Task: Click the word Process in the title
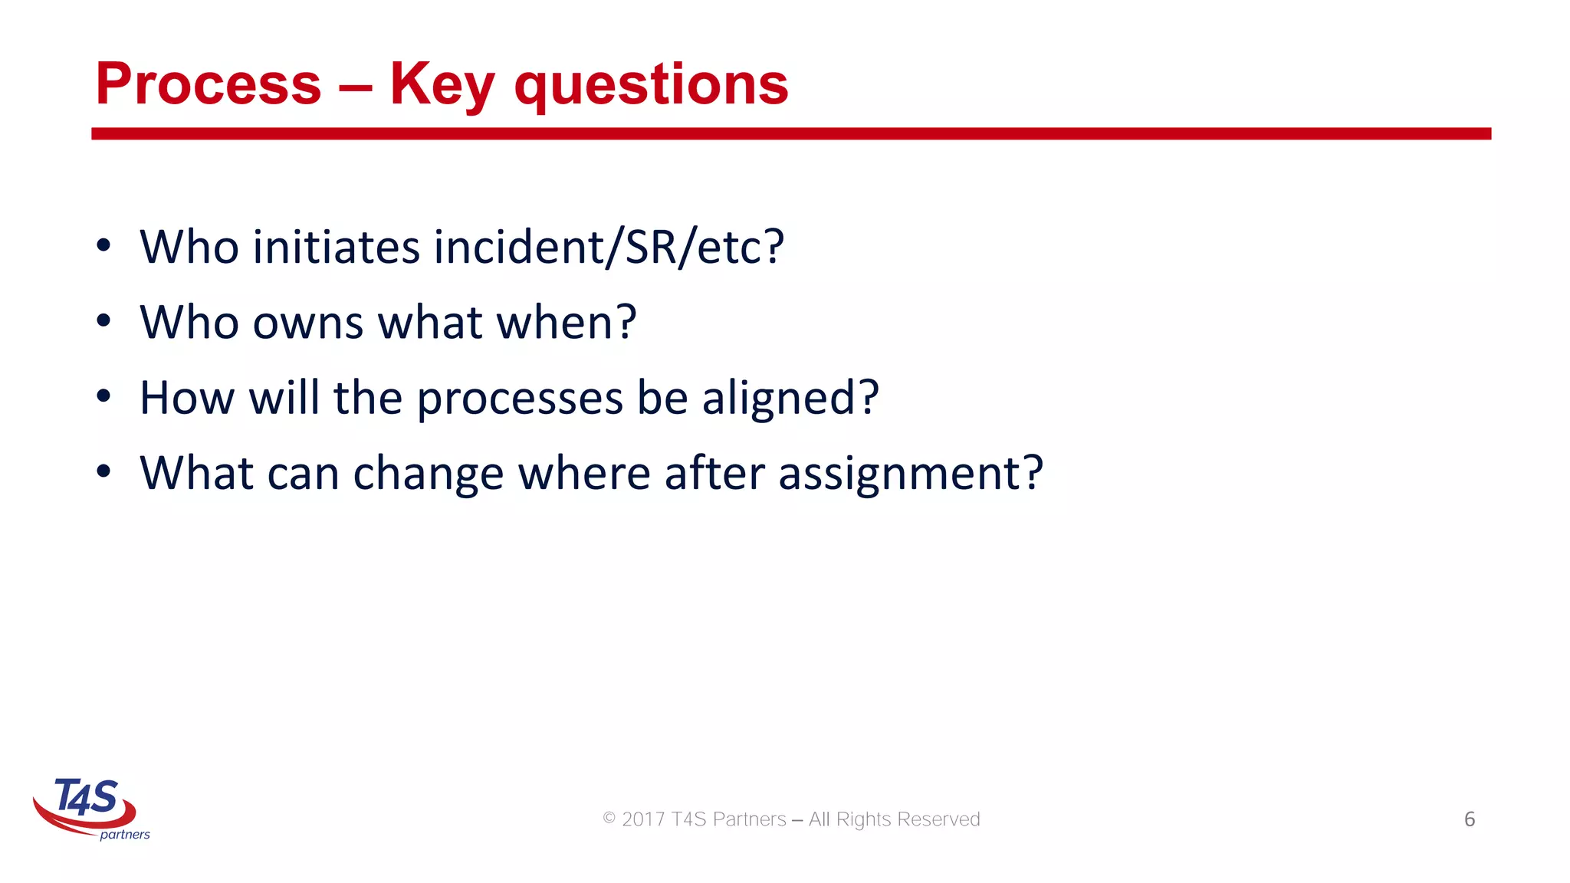pos(208,84)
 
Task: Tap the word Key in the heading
pos(442,84)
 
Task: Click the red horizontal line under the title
pos(790,133)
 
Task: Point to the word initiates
pos(336,247)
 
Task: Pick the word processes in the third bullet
pos(520,399)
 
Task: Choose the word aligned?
pos(790,399)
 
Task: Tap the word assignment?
pos(910,474)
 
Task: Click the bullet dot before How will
pos(103,397)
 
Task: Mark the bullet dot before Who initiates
pos(103,246)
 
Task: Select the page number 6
pos(1469,819)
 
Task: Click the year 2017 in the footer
pos(642,819)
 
